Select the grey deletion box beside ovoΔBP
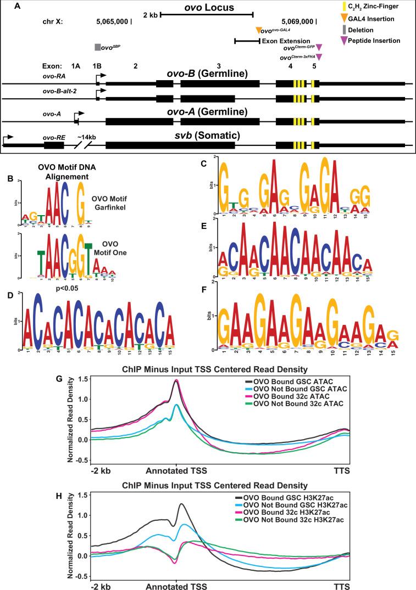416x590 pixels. [x=97, y=48]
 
